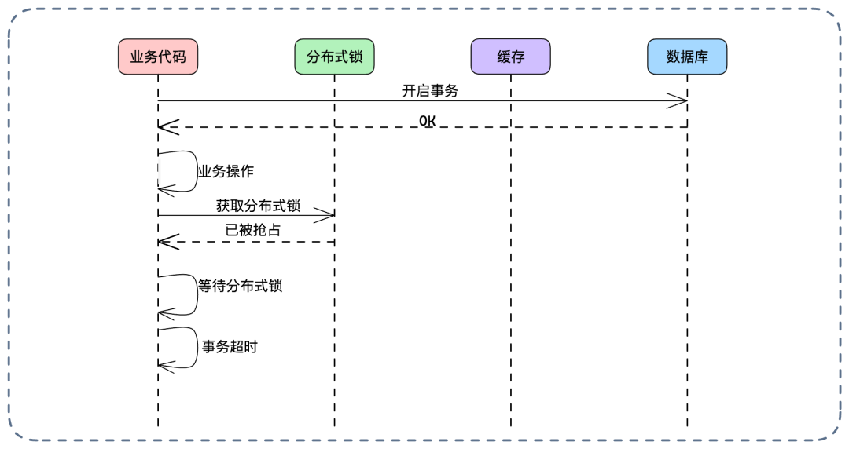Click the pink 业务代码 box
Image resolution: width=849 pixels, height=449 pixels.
pyautogui.click(x=158, y=57)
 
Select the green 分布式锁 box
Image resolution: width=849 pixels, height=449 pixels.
pyautogui.click(x=334, y=57)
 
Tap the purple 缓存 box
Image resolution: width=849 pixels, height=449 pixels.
pyautogui.click(x=510, y=57)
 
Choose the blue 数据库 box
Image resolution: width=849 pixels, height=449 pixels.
pyautogui.click(x=687, y=57)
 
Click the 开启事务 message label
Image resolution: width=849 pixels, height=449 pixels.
pyautogui.click(x=429, y=90)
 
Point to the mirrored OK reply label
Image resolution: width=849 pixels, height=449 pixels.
pyautogui.click(x=428, y=120)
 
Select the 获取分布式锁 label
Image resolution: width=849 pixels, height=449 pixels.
pyautogui.click(x=258, y=206)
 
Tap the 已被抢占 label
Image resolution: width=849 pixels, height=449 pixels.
pyautogui.click(x=252, y=230)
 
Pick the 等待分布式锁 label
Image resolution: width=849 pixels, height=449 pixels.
pyautogui.click(x=240, y=286)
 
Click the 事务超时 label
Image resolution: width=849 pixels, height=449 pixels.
pyautogui.click(x=230, y=346)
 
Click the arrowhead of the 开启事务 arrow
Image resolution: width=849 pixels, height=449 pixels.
pyautogui.click(x=681, y=100)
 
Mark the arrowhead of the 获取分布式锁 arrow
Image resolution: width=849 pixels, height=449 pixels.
pyautogui.click(x=328, y=215)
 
